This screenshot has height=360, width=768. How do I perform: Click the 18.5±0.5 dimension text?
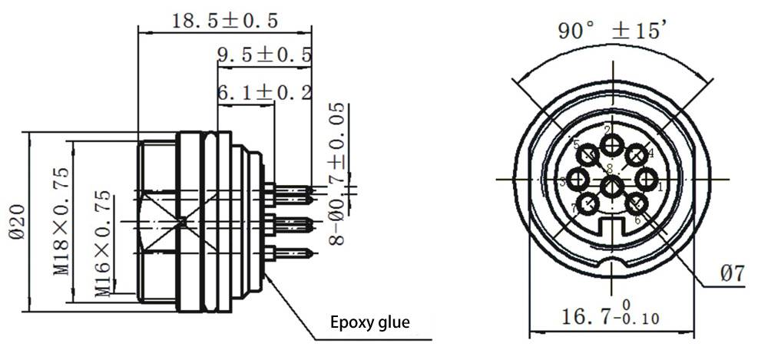(x=223, y=19)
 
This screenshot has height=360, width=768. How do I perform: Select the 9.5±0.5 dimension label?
(x=264, y=55)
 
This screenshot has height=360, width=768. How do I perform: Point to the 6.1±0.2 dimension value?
(x=264, y=93)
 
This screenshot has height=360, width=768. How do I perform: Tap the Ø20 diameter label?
(x=17, y=223)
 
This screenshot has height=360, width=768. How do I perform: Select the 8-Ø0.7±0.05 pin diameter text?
(x=338, y=173)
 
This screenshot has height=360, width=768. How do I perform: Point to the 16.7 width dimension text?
(x=596, y=316)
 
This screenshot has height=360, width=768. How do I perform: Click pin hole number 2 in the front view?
(x=612, y=145)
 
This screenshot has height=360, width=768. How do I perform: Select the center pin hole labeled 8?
(x=612, y=187)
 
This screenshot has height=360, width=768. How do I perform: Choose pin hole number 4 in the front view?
(x=636, y=157)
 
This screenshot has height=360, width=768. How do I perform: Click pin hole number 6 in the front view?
(x=637, y=204)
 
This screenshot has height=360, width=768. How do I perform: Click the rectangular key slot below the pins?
(x=612, y=228)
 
